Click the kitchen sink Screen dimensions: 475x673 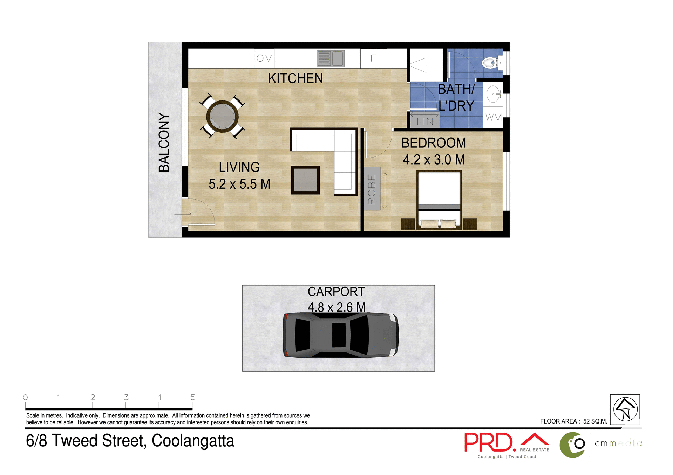click(x=330, y=58)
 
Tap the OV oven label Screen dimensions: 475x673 click(x=264, y=58)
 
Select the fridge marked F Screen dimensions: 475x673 click(x=373, y=58)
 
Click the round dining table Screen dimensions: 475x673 click(x=222, y=116)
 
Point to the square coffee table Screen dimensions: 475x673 click(x=305, y=180)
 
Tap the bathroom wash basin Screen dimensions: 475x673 click(x=494, y=94)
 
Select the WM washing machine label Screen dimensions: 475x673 click(x=493, y=117)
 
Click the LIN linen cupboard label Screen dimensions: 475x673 click(x=425, y=122)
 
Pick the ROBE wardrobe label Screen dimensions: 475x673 click(x=372, y=189)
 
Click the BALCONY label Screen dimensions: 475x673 click(x=164, y=142)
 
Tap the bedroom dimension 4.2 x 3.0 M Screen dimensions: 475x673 click(x=434, y=160)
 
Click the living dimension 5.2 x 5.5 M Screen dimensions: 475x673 click(x=239, y=184)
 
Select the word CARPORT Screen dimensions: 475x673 click(x=336, y=292)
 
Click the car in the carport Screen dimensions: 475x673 click(x=341, y=335)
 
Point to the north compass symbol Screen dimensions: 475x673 click(x=625, y=409)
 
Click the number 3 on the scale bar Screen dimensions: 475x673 click(x=126, y=397)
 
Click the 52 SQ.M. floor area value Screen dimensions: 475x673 click(x=595, y=421)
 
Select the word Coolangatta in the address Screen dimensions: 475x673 click(x=193, y=441)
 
